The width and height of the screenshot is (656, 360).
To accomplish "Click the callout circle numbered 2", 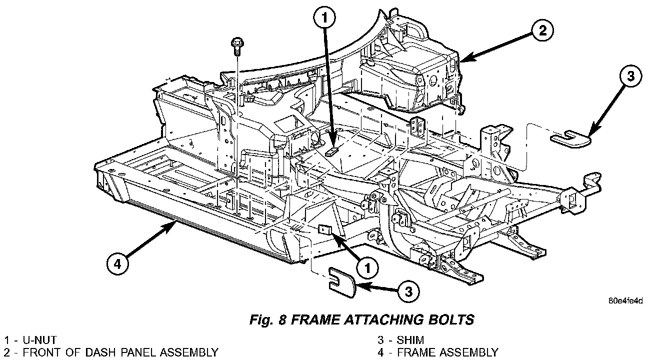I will coord(541,31).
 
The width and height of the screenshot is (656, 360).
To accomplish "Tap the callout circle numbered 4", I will coord(116,263).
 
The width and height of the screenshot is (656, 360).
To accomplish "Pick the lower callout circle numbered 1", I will coord(367,268).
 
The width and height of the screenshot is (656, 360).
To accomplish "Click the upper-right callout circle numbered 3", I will coord(629,76).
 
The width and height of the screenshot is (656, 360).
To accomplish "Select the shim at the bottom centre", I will coord(341,279).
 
